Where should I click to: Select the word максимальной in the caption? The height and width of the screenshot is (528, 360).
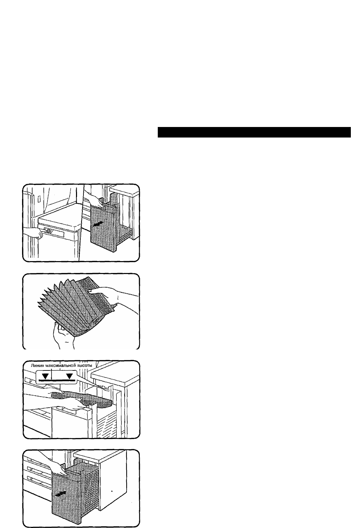coord(60,366)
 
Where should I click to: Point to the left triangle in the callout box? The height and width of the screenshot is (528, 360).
coord(46,376)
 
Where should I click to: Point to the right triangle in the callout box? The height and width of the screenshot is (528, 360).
coord(69,376)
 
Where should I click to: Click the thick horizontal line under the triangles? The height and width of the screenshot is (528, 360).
coord(57,380)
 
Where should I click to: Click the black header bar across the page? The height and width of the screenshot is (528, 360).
coord(254,132)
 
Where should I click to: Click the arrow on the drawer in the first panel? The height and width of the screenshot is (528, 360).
coord(98,224)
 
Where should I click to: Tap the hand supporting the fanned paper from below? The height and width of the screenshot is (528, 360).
coord(62,335)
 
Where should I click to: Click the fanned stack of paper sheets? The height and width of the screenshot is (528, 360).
coord(75,306)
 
